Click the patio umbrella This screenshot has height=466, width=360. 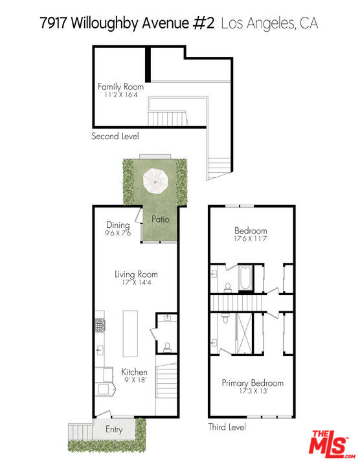(155, 179)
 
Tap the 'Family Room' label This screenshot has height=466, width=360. (120, 86)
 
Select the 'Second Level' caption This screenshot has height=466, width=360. (115, 137)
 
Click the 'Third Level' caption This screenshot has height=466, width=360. (227, 427)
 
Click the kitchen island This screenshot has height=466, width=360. (130, 333)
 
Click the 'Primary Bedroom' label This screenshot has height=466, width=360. (253, 383)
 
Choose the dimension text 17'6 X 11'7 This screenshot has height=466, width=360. (250, 239)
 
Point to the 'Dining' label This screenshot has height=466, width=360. (118, 225)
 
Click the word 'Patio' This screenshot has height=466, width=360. (161, 219)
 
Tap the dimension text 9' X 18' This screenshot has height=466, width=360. (134, 381)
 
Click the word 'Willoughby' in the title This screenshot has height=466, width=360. (107, 24)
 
